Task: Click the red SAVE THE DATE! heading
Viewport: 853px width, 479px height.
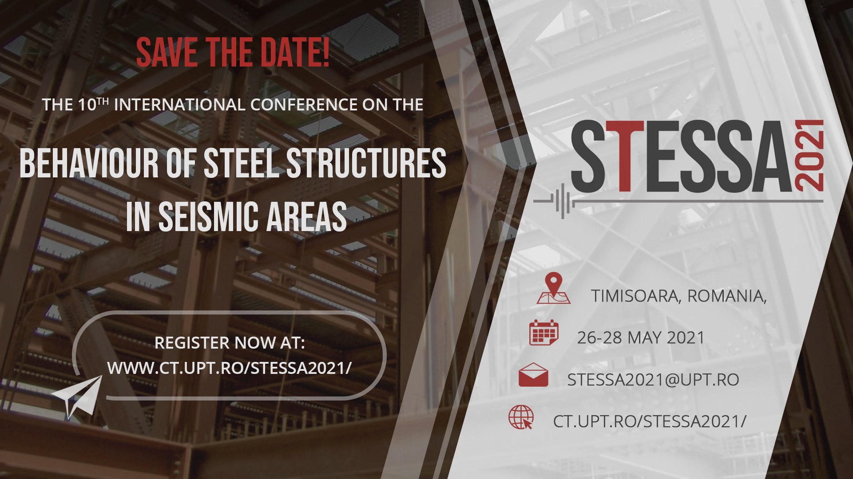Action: (x=233, y=53)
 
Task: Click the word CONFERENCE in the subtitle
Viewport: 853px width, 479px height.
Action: (x=304, y=105)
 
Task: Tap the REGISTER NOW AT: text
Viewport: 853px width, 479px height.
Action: (x=230, y=343)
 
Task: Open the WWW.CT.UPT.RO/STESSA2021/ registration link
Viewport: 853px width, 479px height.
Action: (x=230, y=368)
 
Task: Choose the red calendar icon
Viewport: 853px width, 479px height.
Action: (x=544, y=333)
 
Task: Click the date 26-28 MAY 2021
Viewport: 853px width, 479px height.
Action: (x=641, y=338)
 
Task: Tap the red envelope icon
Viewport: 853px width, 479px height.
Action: (x=533, y=375)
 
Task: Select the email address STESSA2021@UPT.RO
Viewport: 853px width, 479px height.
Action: (x=653, y=380)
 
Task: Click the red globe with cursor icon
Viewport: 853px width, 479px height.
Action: (x=521, y=417)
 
